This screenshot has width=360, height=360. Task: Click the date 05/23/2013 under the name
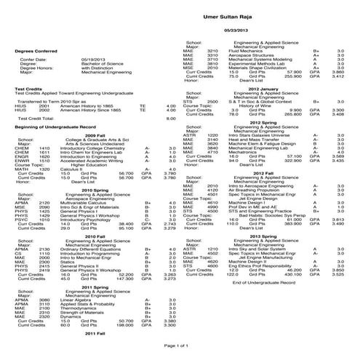(x=237, y=29)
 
